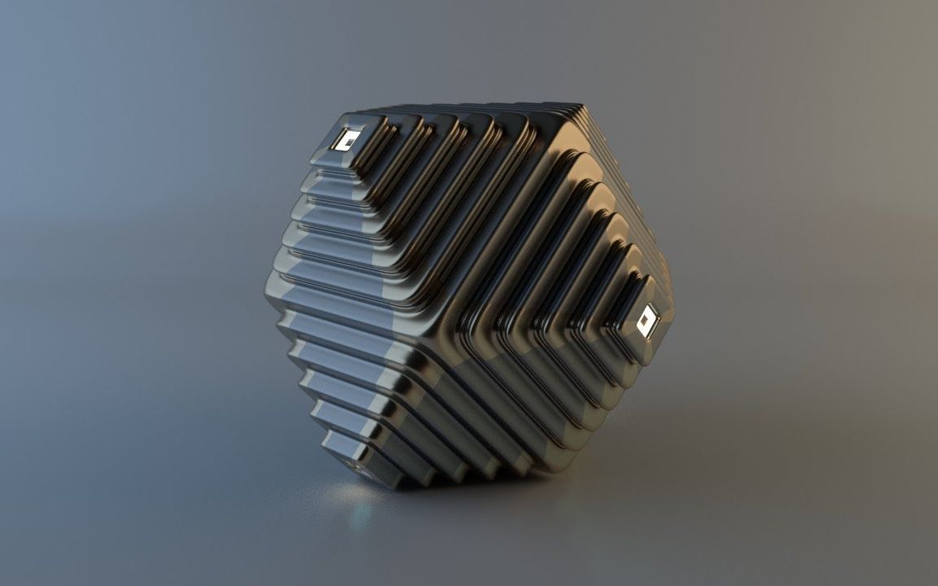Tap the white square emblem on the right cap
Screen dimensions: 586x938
tap(647, 321)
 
